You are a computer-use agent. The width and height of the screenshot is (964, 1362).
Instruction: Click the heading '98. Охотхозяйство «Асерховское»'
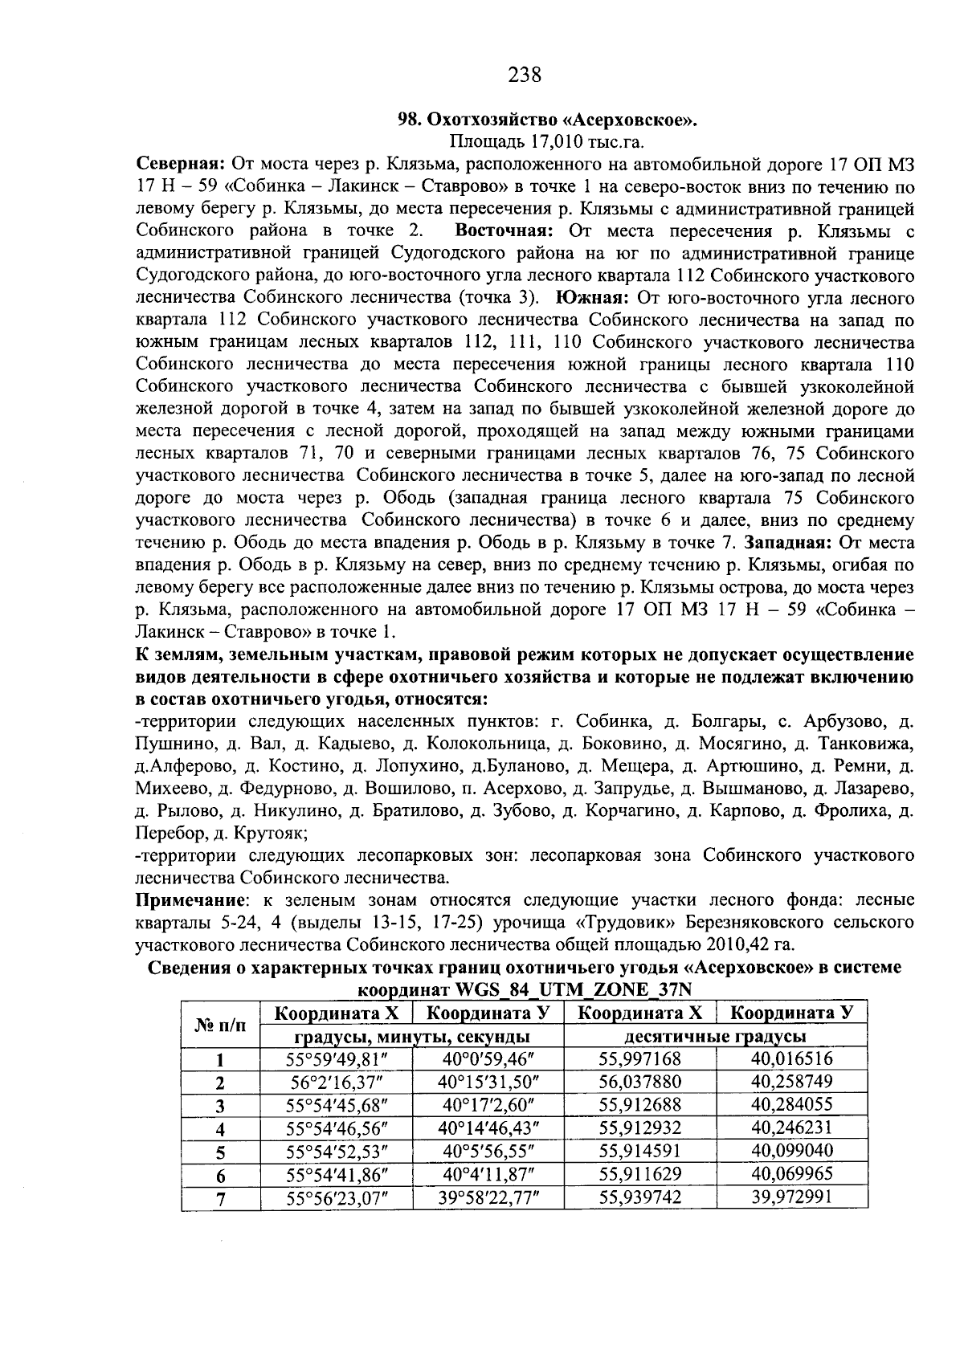(549, 120)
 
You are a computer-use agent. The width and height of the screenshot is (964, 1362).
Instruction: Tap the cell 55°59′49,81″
(337, 1058)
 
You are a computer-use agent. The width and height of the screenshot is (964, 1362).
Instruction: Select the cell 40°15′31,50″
(488, 1082)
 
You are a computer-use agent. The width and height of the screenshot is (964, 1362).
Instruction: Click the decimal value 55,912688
(640, 1104)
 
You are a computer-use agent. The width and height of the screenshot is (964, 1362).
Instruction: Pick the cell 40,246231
(791, 1128)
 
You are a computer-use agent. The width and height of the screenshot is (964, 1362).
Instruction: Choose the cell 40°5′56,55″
(488, 1151)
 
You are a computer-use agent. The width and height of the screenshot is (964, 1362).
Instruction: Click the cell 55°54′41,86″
(337, 1174)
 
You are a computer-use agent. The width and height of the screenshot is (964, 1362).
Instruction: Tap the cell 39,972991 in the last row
(791, 1197)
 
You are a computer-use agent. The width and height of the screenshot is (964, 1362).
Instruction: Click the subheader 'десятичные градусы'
(716, 1036)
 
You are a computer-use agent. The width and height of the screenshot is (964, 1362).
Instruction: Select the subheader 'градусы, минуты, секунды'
(412, 1036)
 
